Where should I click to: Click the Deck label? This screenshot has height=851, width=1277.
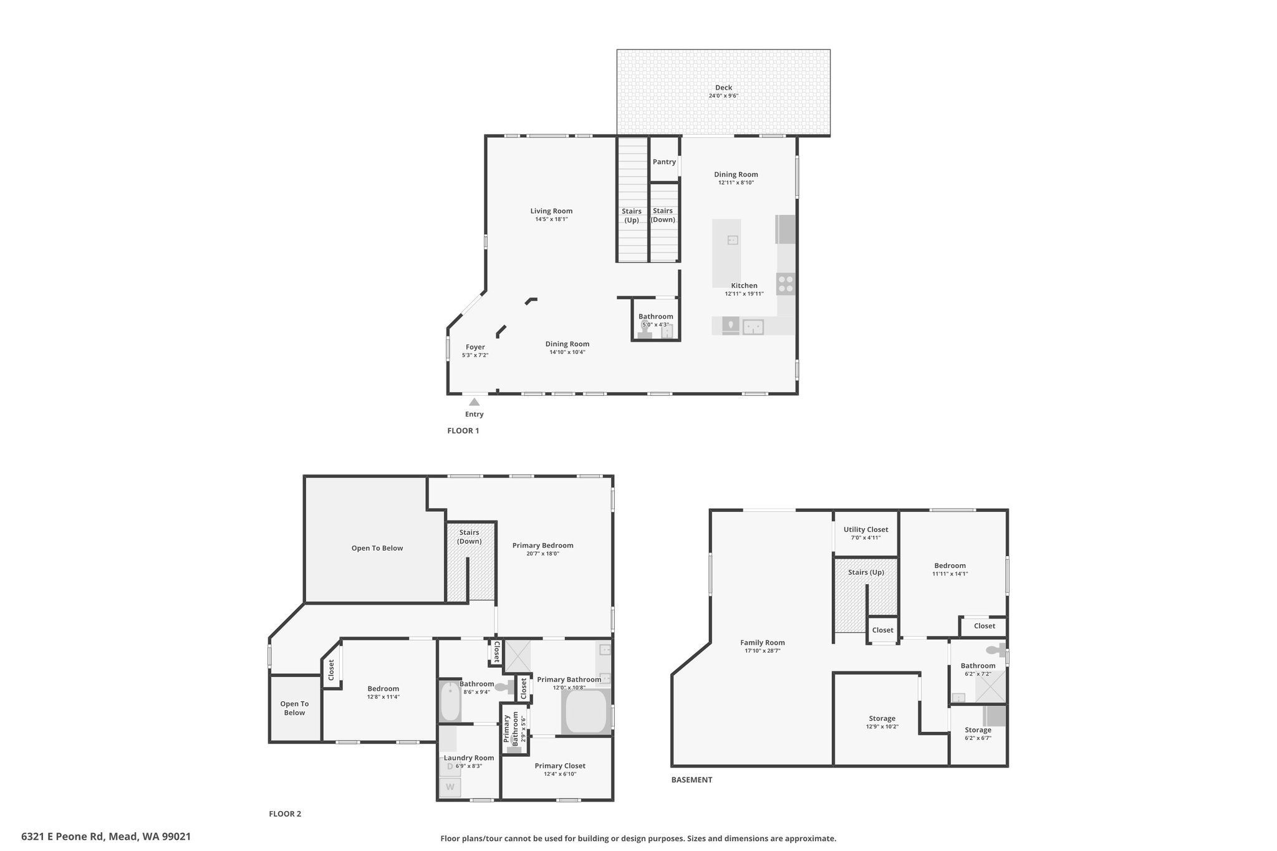723,88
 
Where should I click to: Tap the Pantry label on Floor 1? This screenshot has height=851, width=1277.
664,162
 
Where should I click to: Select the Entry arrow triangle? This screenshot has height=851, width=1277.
475,402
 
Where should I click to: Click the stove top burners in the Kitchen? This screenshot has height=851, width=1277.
786,284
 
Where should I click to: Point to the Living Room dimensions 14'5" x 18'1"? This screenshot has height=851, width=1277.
551,219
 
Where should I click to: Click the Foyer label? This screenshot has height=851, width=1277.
475,347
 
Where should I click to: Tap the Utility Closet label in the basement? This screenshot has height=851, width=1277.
866,530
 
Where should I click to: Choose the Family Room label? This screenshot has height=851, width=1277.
763,643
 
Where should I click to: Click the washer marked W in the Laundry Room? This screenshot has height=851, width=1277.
450,787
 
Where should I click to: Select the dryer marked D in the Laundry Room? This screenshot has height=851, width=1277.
450,766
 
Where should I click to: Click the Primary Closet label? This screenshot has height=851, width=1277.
560,766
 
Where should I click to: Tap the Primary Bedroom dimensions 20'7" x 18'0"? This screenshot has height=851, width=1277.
542,554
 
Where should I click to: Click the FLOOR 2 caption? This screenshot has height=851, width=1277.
285,814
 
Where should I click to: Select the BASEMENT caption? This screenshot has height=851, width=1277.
692,780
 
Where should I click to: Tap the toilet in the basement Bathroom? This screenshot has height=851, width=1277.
1000,650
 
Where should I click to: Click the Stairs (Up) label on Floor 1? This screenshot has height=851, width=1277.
632,216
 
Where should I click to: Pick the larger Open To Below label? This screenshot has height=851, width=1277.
377,549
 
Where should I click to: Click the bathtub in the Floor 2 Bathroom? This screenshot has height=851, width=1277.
449,701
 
